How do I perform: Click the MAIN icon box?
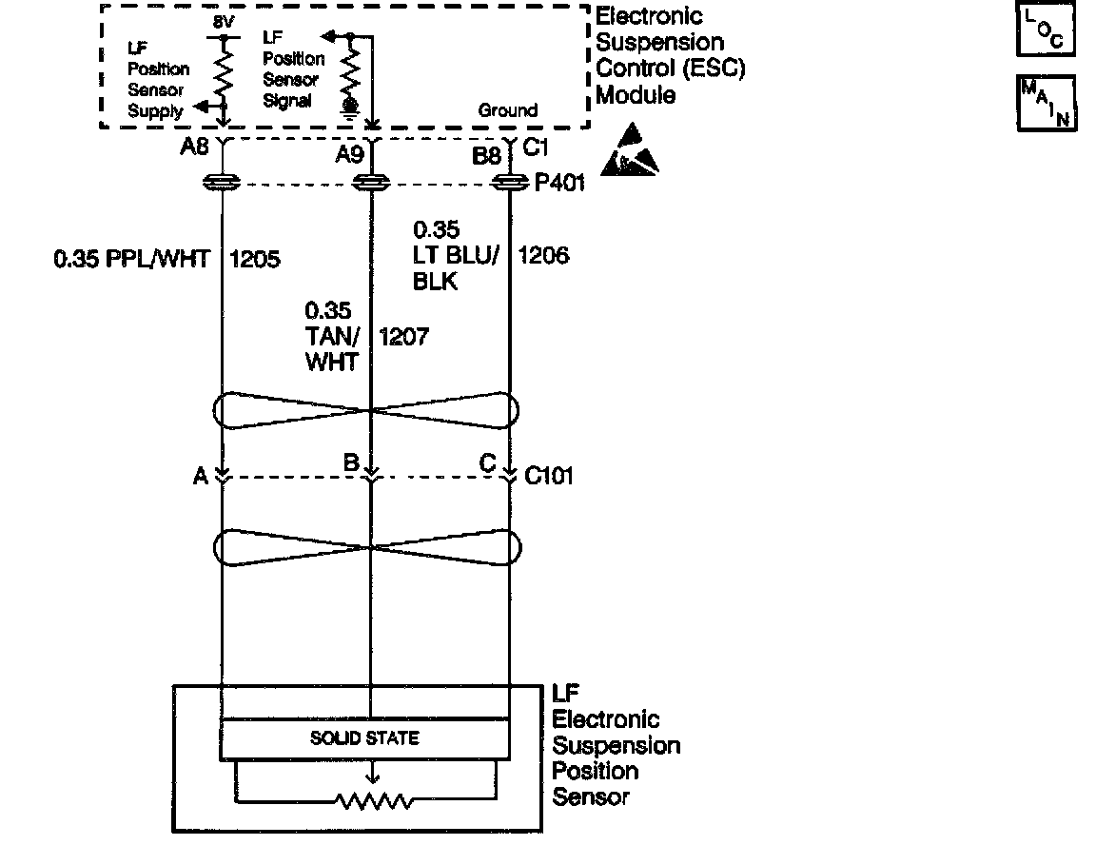(1047, 102)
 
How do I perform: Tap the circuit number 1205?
(255, 259)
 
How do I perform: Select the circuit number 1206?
(544, 255)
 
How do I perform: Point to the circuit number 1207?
(404, 336)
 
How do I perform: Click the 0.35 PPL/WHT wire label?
(131, 259)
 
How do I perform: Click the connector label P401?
(559, 183)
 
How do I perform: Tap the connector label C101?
(549, 476)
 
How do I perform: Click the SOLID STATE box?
(364, 738)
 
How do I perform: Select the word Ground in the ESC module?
(507, 110)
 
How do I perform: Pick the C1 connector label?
(538, 147)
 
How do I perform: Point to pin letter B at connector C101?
(351, 463)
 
